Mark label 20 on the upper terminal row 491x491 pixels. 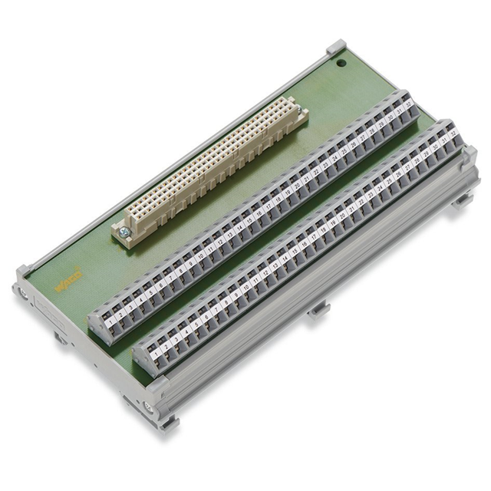tap(297, 184)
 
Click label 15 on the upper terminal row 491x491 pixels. tap(249, 218)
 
